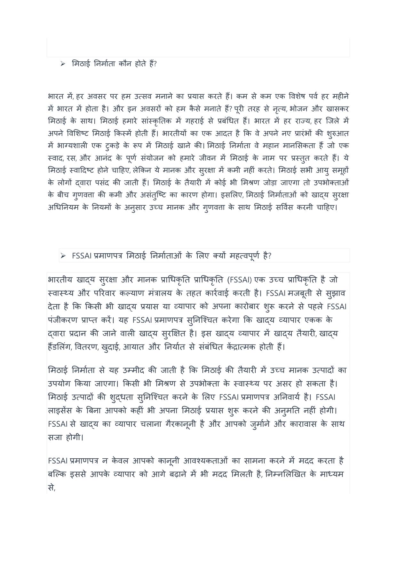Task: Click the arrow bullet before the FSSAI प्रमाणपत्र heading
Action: pos(63,256)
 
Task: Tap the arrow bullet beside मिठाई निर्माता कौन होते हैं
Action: pos(63,64)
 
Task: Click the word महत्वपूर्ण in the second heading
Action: pos(245,256)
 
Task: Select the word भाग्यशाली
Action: pos(72,146)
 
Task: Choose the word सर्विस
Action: pos(284,207)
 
